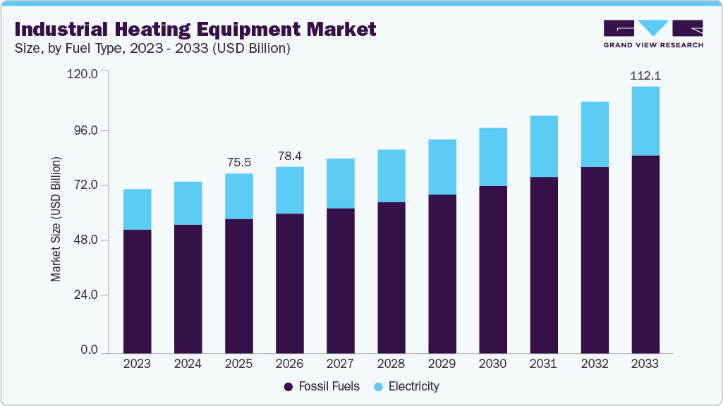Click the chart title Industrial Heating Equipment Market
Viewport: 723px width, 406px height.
pos(195,29)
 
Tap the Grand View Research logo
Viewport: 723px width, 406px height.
pos(653,34)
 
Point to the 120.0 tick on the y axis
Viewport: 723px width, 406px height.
pos(83,73)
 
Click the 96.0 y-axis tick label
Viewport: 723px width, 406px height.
pos(85,131)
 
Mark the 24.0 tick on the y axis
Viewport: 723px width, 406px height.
pos(85,295)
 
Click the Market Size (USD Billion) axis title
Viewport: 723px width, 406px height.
pos(56,219)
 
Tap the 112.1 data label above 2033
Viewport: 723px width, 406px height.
pos(645,75)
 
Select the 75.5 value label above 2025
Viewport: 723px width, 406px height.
pos(238,162)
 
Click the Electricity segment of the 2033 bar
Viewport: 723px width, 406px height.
pos(645,121)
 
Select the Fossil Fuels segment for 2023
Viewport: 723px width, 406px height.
pos(137,290)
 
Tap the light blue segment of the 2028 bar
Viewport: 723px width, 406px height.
pos(391,176)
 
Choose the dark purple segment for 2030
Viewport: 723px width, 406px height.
pos(492,269)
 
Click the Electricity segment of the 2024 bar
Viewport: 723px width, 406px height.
pos(188,203)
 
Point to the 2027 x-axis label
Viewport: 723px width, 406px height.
pos(340,364)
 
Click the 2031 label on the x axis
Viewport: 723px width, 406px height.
pos(543,364)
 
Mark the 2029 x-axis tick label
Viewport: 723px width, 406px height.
pos(442,364)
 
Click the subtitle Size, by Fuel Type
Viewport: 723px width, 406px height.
pos(152,49)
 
